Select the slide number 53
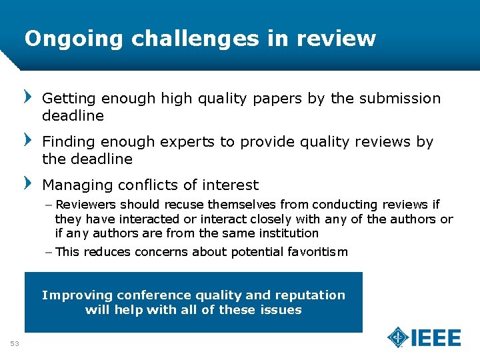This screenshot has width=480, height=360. coord(15,343)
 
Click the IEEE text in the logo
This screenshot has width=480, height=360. coord(436,338)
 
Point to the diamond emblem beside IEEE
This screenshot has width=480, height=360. coord(398,337)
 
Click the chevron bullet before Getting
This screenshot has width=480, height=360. coord(28,97)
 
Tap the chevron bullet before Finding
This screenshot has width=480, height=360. coord(28,141)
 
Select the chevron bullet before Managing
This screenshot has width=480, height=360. coord(28,184)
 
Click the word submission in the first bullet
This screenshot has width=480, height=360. coord(400,99)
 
